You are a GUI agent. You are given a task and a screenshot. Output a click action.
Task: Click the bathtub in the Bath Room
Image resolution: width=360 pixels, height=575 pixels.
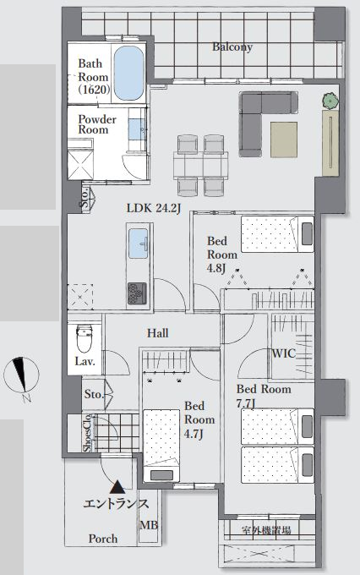(128, 73)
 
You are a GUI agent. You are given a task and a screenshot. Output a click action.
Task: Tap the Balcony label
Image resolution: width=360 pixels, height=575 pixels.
(232, 47)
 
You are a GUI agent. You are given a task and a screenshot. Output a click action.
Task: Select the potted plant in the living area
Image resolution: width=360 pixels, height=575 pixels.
(330, 100)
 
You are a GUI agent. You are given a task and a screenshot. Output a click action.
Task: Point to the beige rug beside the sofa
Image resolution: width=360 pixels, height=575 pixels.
(284, 140)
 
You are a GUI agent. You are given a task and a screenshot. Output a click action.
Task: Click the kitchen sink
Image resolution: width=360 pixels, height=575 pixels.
(139, 244)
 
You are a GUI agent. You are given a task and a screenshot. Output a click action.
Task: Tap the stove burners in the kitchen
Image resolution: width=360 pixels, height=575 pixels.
(137, 293)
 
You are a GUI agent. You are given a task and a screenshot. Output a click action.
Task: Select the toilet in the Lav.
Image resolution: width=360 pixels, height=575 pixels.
(85, 338)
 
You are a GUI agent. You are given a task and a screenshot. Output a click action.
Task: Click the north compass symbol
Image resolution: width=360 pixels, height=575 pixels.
(21, 375)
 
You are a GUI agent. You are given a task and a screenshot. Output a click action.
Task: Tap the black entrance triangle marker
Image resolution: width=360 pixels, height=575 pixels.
(117, 487)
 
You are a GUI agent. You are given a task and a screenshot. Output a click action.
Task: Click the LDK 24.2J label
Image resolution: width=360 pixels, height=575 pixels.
(154, 208)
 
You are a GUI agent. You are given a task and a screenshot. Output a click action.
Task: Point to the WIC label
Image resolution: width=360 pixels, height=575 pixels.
(283, 353)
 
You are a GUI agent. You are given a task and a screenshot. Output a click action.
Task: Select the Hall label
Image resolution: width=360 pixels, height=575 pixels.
(158, 333)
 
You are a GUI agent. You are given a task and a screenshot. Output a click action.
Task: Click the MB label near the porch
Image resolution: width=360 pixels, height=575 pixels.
(149, 525)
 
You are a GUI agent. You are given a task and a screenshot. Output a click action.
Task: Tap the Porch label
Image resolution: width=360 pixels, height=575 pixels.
(103, 539)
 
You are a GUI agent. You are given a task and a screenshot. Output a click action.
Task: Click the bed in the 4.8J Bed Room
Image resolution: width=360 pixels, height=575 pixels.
(277, 234)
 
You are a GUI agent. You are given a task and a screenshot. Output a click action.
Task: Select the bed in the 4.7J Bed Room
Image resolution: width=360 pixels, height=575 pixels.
(161, 445)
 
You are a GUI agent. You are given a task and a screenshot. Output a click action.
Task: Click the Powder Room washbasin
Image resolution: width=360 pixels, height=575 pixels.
(138, 129)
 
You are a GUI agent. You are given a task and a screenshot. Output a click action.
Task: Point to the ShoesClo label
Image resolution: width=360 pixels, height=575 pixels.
(87, 433)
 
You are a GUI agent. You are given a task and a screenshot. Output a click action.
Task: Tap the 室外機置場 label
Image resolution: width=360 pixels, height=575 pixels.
(266, 530)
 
